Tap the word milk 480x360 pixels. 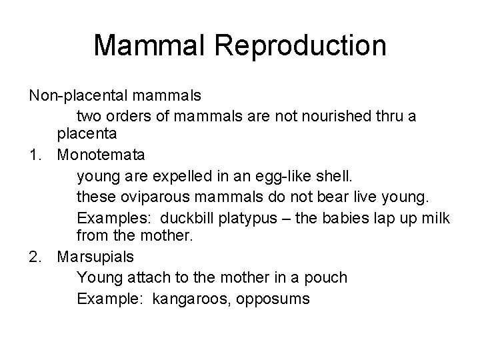click(435, 218)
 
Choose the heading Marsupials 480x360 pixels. click(96, 257)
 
